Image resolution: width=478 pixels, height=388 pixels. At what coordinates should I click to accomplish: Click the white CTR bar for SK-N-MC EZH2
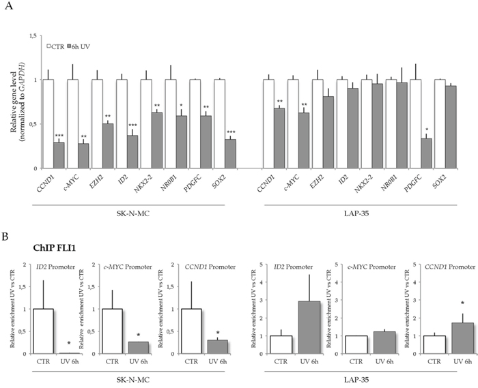[x=98, y=123]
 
